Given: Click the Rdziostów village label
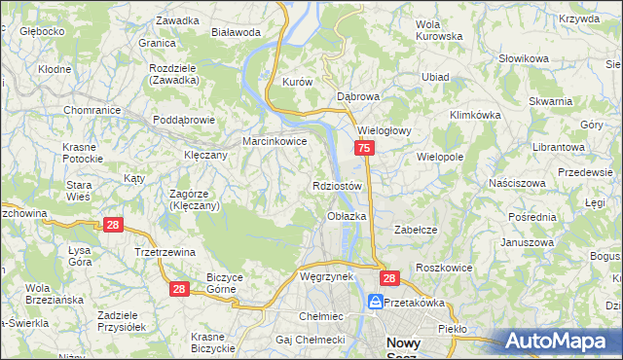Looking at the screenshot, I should point(338,185).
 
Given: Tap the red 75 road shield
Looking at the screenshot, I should point(363,148).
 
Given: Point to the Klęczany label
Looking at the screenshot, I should point(205,154).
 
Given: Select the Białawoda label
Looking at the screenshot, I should point(236,31).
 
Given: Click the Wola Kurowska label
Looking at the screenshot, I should point(438,30).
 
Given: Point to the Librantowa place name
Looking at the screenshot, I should point(559,146).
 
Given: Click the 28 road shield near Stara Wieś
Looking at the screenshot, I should point(114,225).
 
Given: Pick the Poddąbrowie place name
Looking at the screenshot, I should point(183,120).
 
